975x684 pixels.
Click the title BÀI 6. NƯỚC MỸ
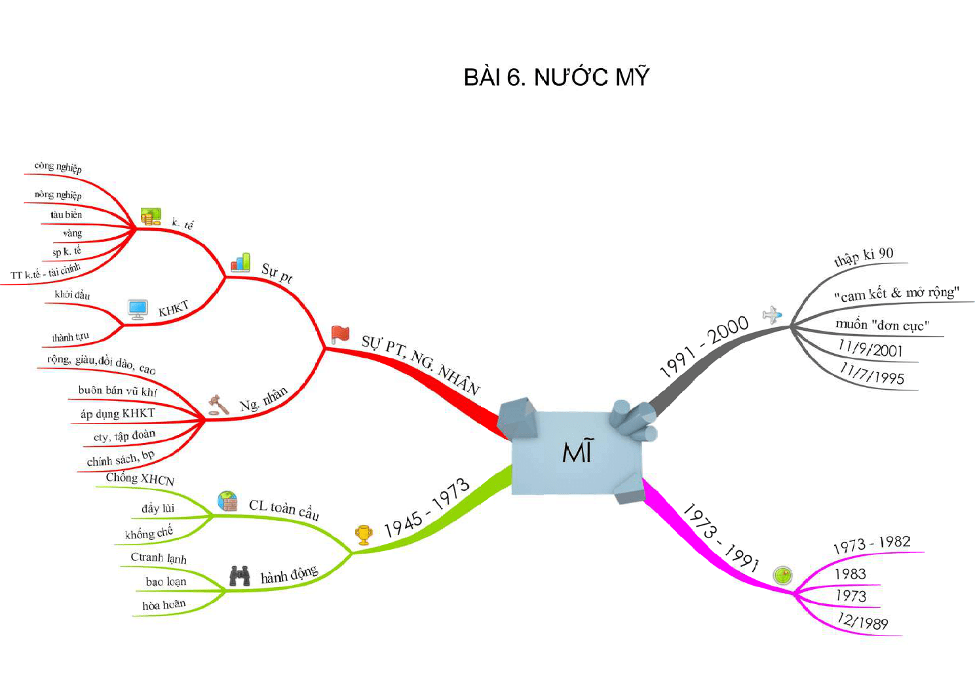[x=556, y=77]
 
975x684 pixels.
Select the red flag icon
[x=340, y=333]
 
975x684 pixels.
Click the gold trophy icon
[x=364, y=535]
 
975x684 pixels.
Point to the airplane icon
[x=772, y=314]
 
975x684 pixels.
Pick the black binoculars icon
[x=240, y=575]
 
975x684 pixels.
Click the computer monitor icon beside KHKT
[x=138, y=309]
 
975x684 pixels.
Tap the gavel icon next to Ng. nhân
[x=218, y=405]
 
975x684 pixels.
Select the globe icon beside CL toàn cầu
[x=227, y=501]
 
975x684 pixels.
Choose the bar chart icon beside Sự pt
[x=240, y=262]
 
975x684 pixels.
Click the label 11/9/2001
[x=870, y=349]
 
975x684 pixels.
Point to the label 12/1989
[x=862, y=621]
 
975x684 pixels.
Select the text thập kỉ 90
[x=864, y=257]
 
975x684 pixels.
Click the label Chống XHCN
[x=140, y=479]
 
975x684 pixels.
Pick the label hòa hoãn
[x=164, y=605]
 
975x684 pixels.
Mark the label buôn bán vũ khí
[x=117, y=390]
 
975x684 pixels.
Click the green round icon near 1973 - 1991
[x=782, y=575]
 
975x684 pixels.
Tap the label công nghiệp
[x=58, y=167]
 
